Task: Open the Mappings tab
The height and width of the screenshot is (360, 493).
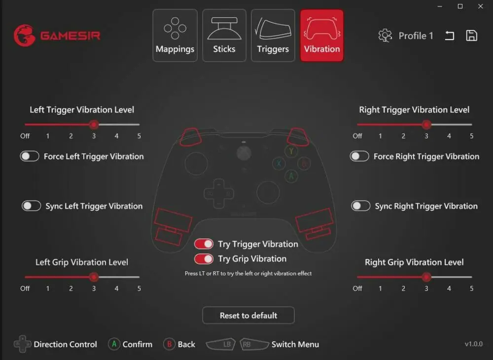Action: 175,35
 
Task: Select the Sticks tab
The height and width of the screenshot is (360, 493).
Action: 224,35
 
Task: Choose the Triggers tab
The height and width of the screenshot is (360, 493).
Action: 273,35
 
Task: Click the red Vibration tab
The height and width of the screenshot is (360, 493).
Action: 321,35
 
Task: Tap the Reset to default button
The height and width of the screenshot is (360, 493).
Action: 248,315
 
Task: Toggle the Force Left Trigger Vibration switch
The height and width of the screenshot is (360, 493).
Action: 30,156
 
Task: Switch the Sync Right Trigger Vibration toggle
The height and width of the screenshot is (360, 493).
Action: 361,206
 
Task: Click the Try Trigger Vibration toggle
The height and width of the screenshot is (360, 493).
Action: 204,244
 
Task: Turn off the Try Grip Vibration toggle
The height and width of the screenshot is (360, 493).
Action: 204,259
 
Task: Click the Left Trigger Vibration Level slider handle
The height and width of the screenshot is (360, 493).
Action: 94,124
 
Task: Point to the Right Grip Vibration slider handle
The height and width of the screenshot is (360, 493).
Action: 426,277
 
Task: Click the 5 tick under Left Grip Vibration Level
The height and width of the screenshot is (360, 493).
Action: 139,288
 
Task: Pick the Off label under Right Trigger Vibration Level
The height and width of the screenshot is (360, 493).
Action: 357,136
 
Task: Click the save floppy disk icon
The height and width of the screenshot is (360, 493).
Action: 471,36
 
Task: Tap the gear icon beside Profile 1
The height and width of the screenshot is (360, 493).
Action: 385,36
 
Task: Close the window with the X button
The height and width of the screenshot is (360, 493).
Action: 480,6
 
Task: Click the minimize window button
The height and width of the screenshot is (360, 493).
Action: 440,6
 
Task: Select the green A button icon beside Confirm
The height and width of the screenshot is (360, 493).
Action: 114,344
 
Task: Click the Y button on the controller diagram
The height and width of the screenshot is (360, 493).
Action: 291,151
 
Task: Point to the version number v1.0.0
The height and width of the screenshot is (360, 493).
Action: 473,344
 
